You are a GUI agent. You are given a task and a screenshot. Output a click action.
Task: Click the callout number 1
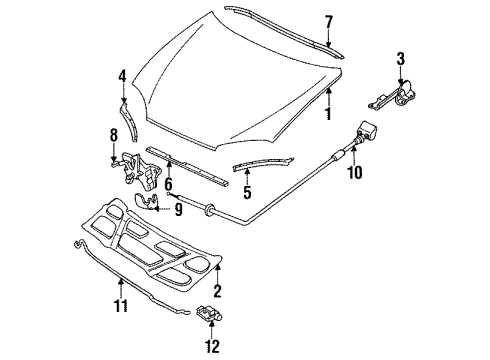pyautogui.click(x=328, y=114)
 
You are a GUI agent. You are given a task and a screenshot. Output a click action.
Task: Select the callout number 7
pyautogui.click(x=329, y=22)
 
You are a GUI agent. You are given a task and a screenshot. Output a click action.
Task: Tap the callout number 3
pyautogui.click(x=401, y=59)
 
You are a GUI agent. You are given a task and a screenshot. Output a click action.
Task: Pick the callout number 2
pyautogui.click(x=217, y=291)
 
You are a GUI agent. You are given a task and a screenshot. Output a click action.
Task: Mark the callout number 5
pyautogui.click(x=247, y=193)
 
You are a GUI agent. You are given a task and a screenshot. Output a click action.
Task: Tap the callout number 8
pyautogui.click(x=114, y=135)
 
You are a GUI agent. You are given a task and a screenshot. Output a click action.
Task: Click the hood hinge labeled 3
pyautogui.click(x=393, y=96)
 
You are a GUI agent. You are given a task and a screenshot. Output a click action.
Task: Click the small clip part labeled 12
pyautogui.click(x=210, y=314)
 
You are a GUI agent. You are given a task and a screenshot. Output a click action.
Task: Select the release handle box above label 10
pyautogui.click(x=366, y=130)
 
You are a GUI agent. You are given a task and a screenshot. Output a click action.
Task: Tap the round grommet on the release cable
pyautogui.click(x=209, y=209)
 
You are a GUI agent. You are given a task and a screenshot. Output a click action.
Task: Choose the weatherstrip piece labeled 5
pyautogui.click(x=263, y=163)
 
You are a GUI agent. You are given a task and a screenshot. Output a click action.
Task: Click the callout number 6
pyautogui.click(x=168, y=184)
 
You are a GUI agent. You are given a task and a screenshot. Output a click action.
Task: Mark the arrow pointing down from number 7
pyautogui.click(x=329, y=39)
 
